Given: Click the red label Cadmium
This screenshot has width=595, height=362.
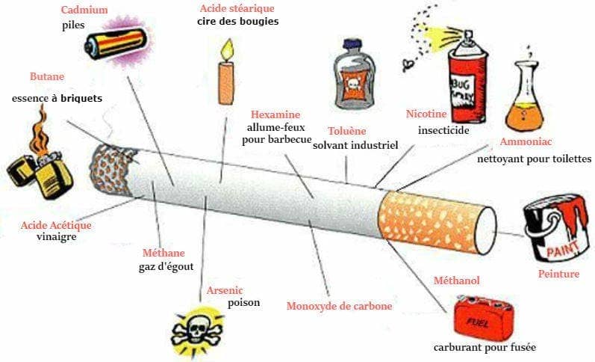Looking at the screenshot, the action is click(x=84, y=10).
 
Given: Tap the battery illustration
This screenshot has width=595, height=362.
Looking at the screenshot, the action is click(x=116, y=43).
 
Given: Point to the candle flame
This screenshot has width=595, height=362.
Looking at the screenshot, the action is click(x=227, y=49).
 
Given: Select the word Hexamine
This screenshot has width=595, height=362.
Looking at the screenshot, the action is click(x=275, y=114).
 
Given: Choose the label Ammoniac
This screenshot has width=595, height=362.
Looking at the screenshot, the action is click(x=526, y=142).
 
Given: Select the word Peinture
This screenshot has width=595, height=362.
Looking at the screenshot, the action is click(x=558, y=274).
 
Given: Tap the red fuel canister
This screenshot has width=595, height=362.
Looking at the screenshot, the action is click(x=485, y=318).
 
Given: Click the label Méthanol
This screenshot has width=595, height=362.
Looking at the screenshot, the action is click(x=456, y=280).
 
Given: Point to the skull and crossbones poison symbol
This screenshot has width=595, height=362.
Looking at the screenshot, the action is click(x=197, y=330).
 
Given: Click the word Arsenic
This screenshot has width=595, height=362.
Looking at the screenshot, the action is click(x=225, y=290).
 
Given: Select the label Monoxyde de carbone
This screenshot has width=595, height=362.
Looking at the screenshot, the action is click(x=339, y=306).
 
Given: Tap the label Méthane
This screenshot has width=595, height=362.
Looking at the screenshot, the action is click(x=163, y=253).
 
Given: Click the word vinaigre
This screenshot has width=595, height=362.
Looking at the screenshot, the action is click(x=57, y=237).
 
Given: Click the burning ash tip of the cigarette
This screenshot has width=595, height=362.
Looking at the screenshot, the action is click(x=111, y=171).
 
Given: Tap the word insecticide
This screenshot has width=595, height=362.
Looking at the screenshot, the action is click(x=443, y=130).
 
